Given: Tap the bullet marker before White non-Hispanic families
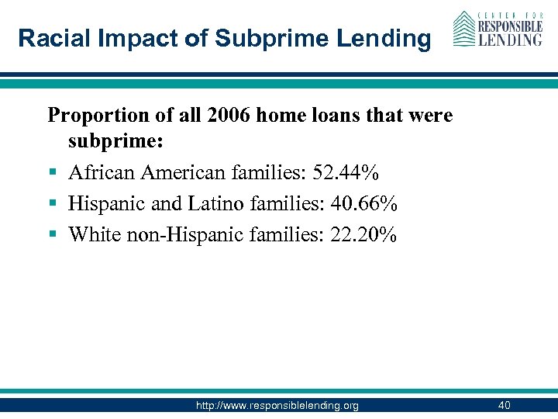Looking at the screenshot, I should [53, 234].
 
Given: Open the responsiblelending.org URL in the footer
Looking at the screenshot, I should [278, 405].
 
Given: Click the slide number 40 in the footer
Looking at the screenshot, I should [505, 405].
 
